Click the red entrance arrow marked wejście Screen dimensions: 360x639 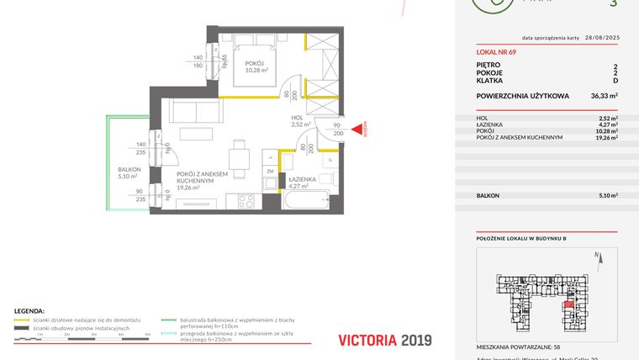click(x=356, y=129)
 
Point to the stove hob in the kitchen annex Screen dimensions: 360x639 click(x=247, y=202)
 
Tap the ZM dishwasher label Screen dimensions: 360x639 click(x=269, y=170)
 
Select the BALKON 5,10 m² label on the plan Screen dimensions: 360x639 click(x=129, y=172)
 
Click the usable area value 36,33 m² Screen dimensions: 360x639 click(x=604, y=96)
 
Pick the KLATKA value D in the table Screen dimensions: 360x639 click(x=615, y=82)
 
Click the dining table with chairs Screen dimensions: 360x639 click(x=240, y=157)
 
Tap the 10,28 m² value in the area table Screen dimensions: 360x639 click(x=604, y=131)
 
